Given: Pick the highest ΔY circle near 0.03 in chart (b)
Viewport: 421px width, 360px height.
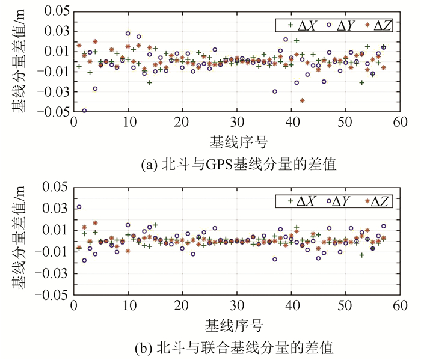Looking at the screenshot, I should (79, 207).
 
